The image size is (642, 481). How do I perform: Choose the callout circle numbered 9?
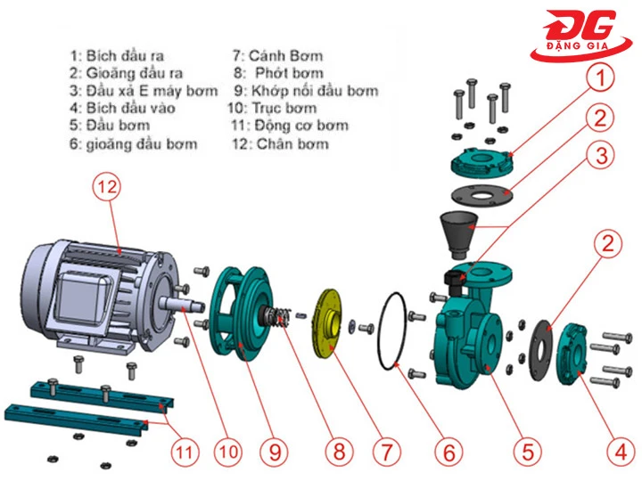tap(274, 452)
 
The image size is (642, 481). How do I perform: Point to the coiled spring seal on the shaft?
tap(279, 317)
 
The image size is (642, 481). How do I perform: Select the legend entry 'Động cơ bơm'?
tap(291, 126)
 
